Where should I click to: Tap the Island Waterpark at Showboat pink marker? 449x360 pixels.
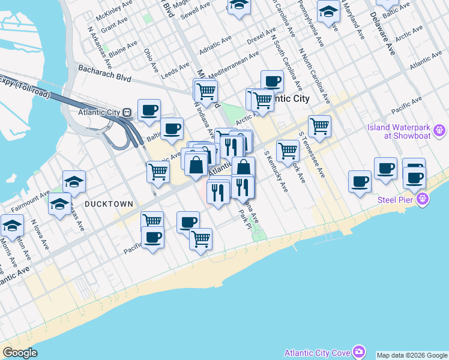pos(440,130)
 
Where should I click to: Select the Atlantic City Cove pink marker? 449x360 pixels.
pos(359,351)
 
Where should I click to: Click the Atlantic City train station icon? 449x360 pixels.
pos(127,112)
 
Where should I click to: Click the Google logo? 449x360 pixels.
pos(20,353)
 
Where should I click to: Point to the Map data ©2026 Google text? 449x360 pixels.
pos(412,355)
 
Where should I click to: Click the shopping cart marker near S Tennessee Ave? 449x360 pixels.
pos(319,126)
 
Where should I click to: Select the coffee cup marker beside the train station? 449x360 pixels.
pos(149,110)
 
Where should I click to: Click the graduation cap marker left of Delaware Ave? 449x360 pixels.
pos(328,11)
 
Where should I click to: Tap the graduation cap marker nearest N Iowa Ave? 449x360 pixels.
pos(12,226)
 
